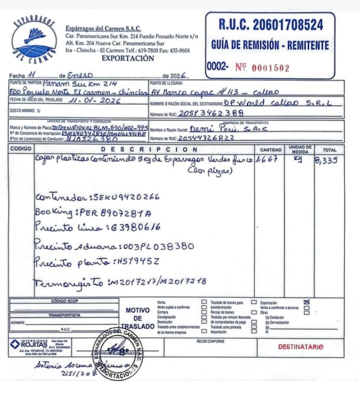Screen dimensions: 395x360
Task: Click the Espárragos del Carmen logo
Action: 34,39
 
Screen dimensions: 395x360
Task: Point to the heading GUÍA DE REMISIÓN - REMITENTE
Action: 270,45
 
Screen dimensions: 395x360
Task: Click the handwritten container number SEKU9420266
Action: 124,197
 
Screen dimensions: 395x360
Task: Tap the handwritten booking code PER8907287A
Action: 114,212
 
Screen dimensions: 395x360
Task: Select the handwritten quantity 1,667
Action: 269,160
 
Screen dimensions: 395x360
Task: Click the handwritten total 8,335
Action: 326,160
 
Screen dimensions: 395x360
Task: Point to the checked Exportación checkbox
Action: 307,302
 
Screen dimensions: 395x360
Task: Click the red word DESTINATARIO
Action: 300,346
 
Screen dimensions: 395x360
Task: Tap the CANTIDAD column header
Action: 270,149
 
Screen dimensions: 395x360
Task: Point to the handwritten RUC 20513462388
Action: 211,113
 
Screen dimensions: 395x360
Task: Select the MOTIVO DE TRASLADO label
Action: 137,318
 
